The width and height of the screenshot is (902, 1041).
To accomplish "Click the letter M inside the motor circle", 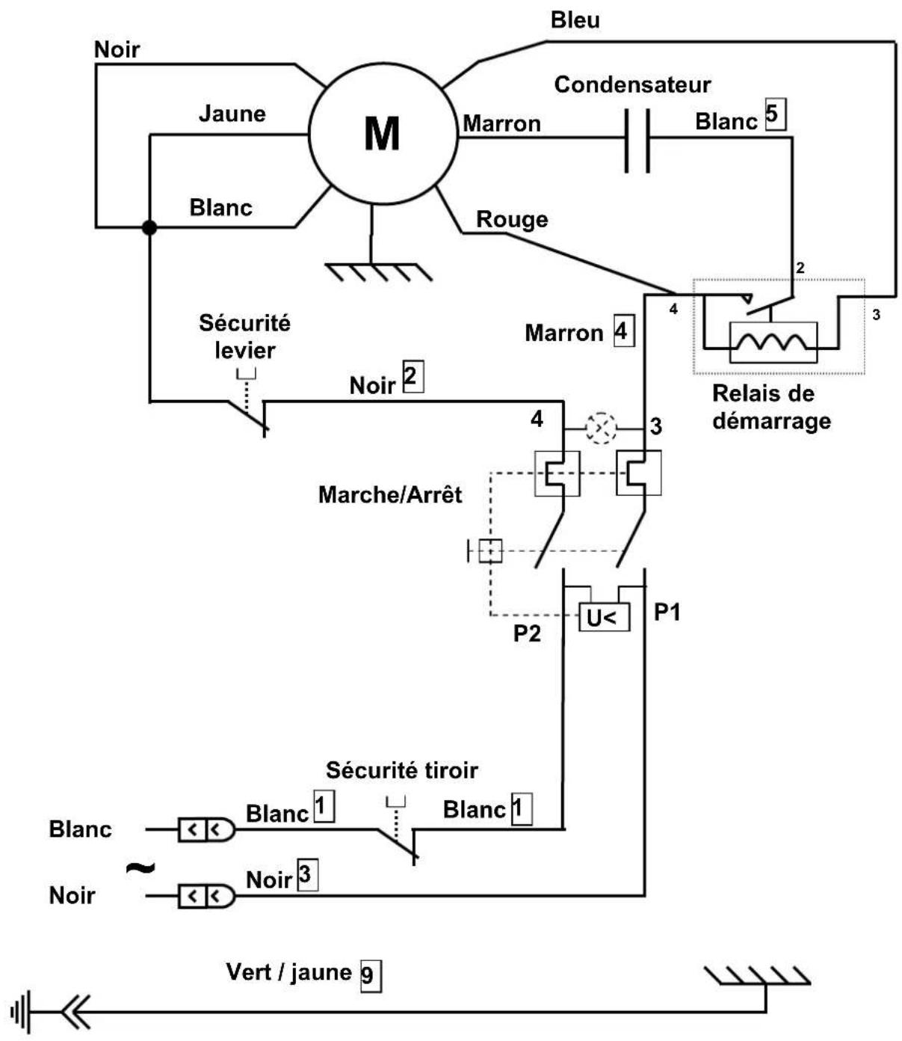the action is (382, 133).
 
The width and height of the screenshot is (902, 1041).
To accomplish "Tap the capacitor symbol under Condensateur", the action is (637, 141).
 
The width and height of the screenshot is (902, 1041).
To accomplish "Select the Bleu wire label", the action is (575, 20).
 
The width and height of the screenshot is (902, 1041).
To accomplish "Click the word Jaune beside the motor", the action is (232, 114).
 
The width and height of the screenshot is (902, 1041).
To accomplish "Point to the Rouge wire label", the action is (512, 219).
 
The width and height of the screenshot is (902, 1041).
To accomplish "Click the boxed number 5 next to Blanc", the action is (776, 115).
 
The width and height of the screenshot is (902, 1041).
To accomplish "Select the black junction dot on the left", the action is (149, 227).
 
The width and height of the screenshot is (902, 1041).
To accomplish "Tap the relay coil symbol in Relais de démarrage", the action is (773, 343).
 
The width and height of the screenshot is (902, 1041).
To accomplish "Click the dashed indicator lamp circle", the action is (601, 428).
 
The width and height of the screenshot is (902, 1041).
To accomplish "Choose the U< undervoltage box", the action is (604, 617).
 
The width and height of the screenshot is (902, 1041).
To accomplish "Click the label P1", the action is (667, 612).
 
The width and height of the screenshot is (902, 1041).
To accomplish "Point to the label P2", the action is (527, 633).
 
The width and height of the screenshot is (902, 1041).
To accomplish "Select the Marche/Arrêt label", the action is (390, 494).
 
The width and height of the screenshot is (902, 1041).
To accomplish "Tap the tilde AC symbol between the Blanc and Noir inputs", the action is (140, 867).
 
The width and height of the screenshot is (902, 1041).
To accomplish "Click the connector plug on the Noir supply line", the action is (206, 896).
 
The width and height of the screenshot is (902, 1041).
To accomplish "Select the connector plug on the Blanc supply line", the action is (206, 829).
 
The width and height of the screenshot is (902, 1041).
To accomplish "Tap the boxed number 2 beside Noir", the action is (413, 376).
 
